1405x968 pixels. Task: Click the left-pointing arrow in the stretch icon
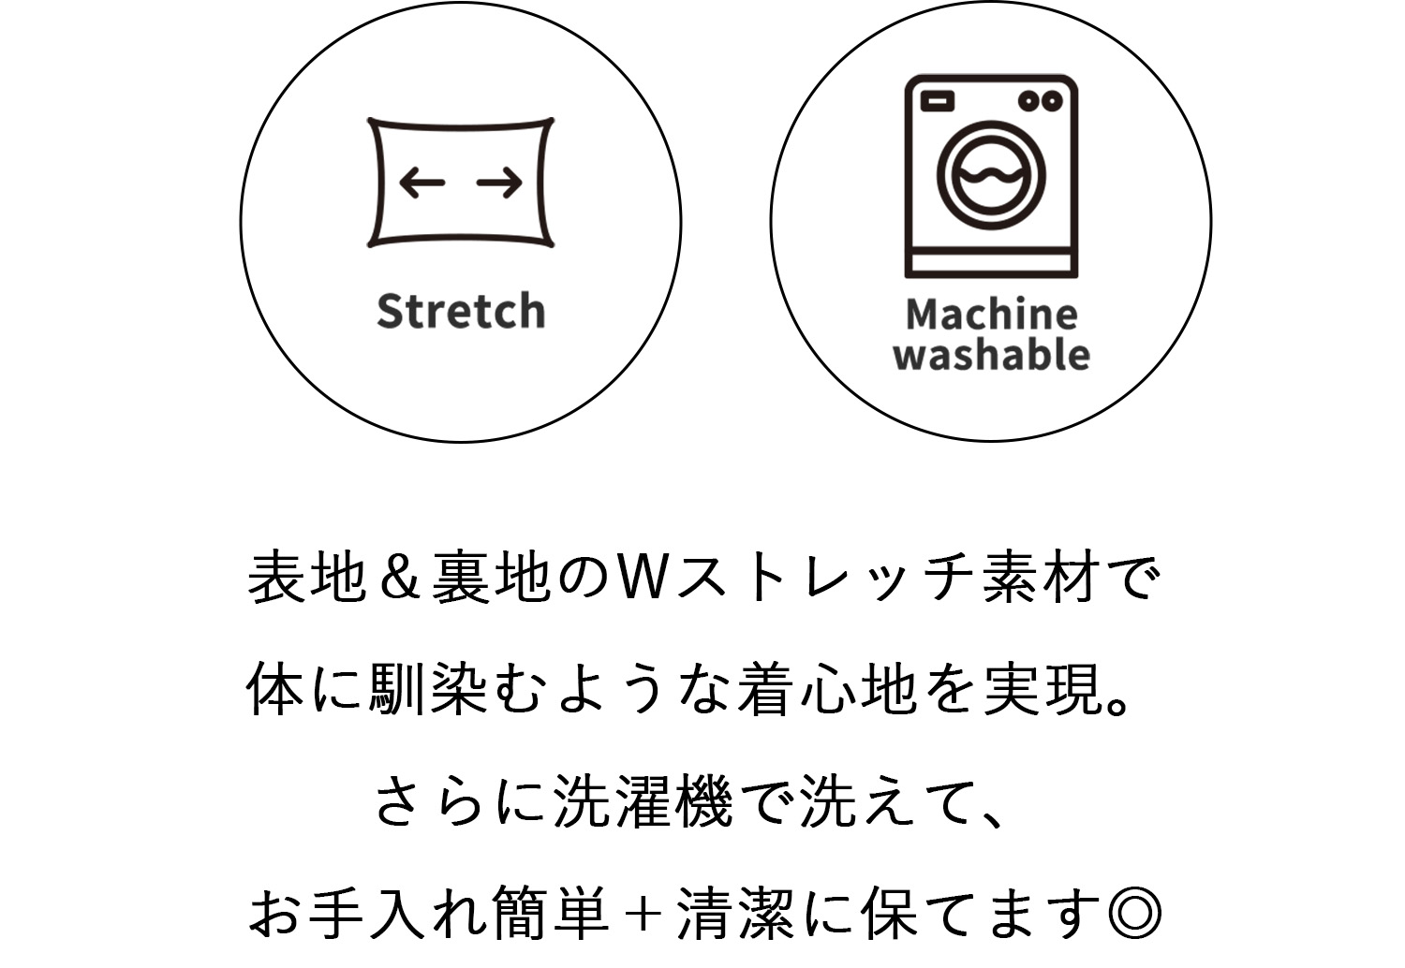pos(422,183)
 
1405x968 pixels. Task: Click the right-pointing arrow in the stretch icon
pos(499,183)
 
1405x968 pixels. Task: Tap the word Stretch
pos(461,311)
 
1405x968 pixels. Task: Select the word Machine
pos(992,315)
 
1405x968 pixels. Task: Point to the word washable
pos(992,354)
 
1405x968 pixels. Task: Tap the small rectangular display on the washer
pos(938,101)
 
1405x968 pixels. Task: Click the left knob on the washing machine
pos(1028,101)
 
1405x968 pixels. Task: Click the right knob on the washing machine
pos(1052,101)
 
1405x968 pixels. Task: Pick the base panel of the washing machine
pos(991,263)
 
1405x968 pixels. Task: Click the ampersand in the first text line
pos(400,577)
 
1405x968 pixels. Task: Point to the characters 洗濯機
pos(643,802)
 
